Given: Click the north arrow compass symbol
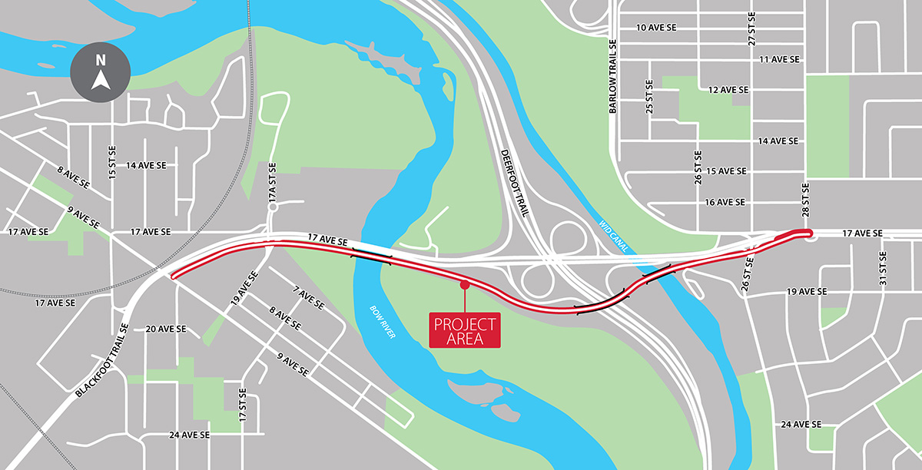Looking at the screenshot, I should click(100, 72).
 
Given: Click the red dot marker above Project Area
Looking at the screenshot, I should click(464, 285).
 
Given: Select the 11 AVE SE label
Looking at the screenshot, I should click(778, 59).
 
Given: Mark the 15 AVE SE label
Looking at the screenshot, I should click(726, 171).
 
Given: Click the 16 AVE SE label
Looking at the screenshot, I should click(725, 202).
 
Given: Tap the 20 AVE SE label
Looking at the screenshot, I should click(166, 329).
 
